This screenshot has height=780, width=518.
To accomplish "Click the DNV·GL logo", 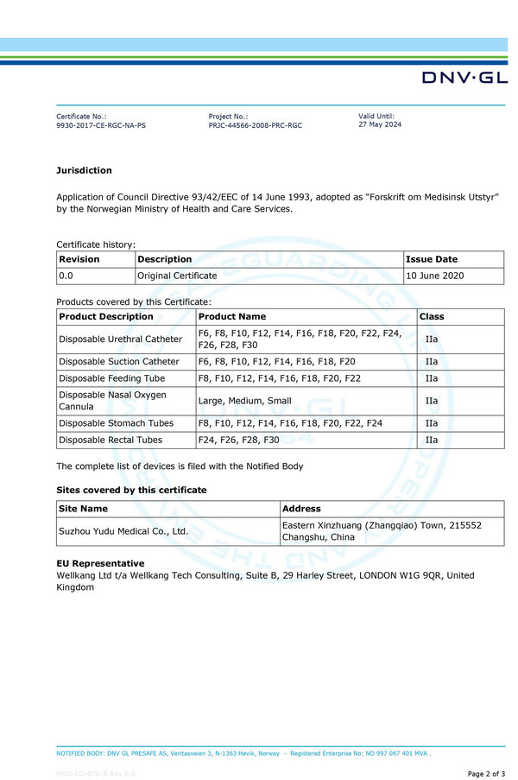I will (464, 78).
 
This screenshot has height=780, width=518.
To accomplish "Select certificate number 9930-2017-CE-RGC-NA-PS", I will (101, 125).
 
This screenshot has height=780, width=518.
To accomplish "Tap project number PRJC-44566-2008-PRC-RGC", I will (256, 125).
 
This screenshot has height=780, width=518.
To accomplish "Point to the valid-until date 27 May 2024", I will (380, 124).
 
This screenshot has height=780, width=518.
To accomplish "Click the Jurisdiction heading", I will (84, 170).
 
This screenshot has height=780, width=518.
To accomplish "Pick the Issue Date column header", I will (432, 259).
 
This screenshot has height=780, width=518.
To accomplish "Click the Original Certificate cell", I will (177, 276).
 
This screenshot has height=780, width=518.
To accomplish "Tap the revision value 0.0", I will (66, 276).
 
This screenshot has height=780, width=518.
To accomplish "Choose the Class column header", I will (432, 317).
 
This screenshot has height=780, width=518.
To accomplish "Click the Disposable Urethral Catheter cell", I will (120, 339).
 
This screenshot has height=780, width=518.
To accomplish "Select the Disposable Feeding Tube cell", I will (111, 378).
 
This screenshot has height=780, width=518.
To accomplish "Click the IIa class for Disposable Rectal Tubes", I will (432, 440).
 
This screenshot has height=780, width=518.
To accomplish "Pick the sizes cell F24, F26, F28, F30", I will (238, 440).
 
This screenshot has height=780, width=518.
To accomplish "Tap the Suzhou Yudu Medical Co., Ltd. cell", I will (123, 531).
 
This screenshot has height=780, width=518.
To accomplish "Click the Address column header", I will (301, 509).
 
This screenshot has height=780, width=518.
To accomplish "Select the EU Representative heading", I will (100, 563).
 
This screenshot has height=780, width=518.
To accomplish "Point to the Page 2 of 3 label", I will (486, 773).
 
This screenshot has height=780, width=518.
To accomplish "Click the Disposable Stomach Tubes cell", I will (116, 423).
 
